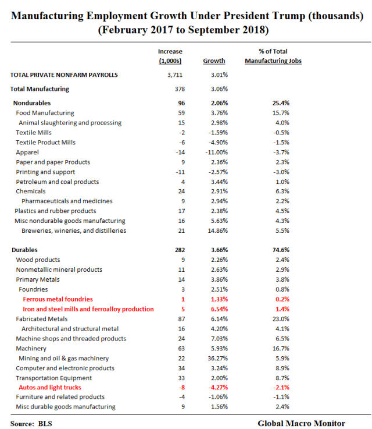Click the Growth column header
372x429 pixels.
[x=214, y=61]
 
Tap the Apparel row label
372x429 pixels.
[x=27, y=152]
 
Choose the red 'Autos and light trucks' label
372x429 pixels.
[x=48, y=388]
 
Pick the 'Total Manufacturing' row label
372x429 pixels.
[x=40, y=89]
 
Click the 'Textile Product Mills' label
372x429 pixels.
[x=45, y=142]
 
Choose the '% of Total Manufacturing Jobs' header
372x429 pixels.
[x=273, y=56]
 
